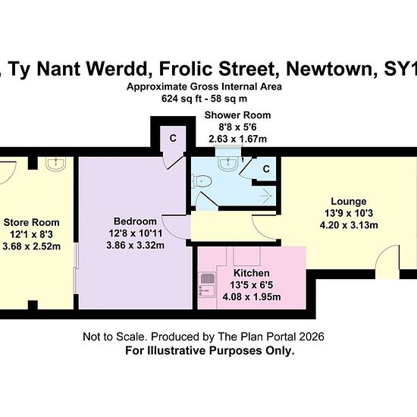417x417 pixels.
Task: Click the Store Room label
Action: point(31,222)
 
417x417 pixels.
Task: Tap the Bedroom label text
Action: point(135,221)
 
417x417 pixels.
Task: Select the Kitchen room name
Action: point(252,273)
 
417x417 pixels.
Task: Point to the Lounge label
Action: point(349,202)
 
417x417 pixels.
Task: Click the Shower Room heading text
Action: point(237,115)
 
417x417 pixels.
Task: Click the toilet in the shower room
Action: point(202,181)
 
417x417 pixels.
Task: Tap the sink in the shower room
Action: point(228,162)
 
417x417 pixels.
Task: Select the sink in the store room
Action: point(55,164)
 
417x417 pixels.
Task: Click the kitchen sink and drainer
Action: point(207,285)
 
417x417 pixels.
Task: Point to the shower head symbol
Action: point(267,196)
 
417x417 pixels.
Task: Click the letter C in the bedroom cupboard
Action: point(173,138)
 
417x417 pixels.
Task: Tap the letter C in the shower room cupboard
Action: point(266,169)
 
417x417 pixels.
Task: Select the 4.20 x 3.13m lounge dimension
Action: point(349,225)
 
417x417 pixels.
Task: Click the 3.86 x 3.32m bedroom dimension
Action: point(135,245)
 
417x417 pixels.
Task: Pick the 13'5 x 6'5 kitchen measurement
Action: point(252,285)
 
